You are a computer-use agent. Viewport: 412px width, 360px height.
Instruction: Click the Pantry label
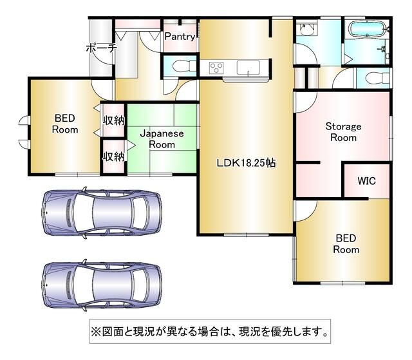tap(180, 37)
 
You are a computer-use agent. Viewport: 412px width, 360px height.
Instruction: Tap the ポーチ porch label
tap(100, 48)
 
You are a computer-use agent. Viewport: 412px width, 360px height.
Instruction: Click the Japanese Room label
tap(162, 139)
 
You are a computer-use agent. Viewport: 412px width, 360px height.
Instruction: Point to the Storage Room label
tap(342, 132)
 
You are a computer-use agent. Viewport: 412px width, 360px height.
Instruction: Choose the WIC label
tap(366, 181)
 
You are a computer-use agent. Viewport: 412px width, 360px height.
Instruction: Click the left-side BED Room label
tap(65, 124)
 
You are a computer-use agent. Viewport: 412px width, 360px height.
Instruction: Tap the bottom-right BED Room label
tap(346, 243)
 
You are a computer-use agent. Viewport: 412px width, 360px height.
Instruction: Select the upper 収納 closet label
tap(113, 120)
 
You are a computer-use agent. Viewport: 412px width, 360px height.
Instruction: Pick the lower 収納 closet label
tap(113, 156)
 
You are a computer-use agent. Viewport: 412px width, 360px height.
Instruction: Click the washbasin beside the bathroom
tap(306, 29)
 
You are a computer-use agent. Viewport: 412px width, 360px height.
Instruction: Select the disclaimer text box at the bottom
tap(210, 333)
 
